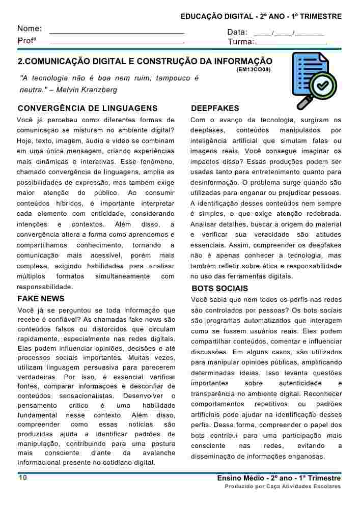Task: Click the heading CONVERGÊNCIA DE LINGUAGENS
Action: tap(88, 108)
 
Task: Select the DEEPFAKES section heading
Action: tap(215, 108)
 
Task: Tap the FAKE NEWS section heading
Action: tap(41, 299)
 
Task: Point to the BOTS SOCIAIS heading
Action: tap(220, 289)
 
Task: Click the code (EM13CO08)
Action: tap(254, 69)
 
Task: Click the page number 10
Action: tap(23, 478)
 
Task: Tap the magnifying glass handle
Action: tap(304, 102)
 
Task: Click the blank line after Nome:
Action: tap(117, 33)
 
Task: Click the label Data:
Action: tap(237, 32)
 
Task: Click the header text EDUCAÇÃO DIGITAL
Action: tap(218, 17)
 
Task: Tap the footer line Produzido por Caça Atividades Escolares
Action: tap(283, 487)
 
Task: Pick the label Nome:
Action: tap(30, 29)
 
